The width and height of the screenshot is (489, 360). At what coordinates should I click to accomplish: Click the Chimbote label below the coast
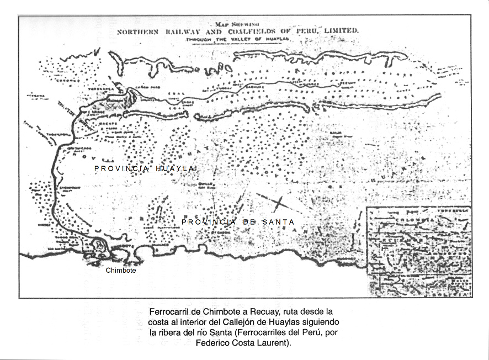click(x=120, y=271)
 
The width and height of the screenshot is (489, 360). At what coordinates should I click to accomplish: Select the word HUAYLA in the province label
click(x=176, y=168)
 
